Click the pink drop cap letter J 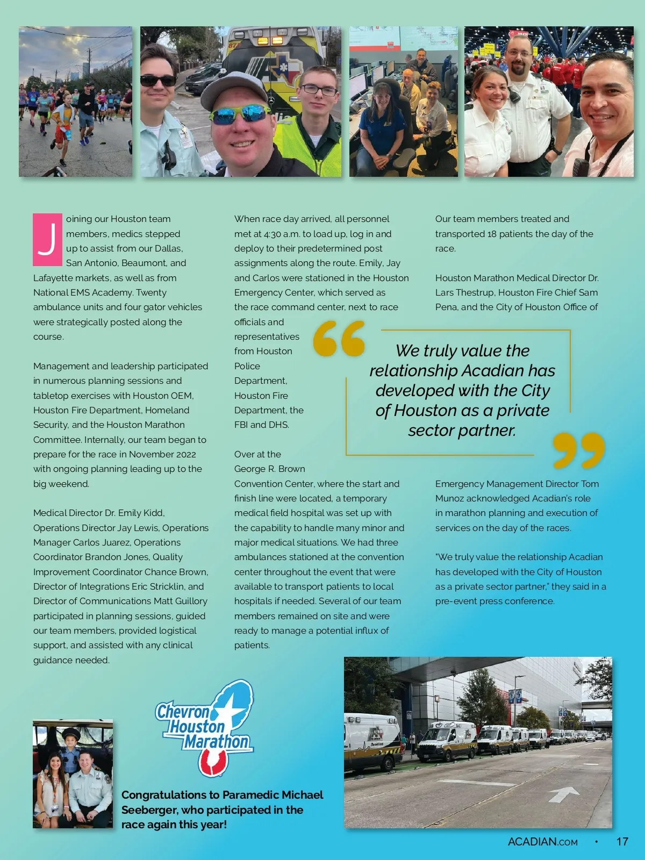tap(47, 239)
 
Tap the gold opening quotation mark tap(339, 339)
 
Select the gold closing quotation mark tap(578, 450)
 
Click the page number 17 tap(622, 842)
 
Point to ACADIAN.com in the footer tap(542, 842)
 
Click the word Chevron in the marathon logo tap(182, 712)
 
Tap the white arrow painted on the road tap(563, 793)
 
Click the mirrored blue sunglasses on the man tap(240, 113)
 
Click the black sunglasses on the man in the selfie tap(158, 81)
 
